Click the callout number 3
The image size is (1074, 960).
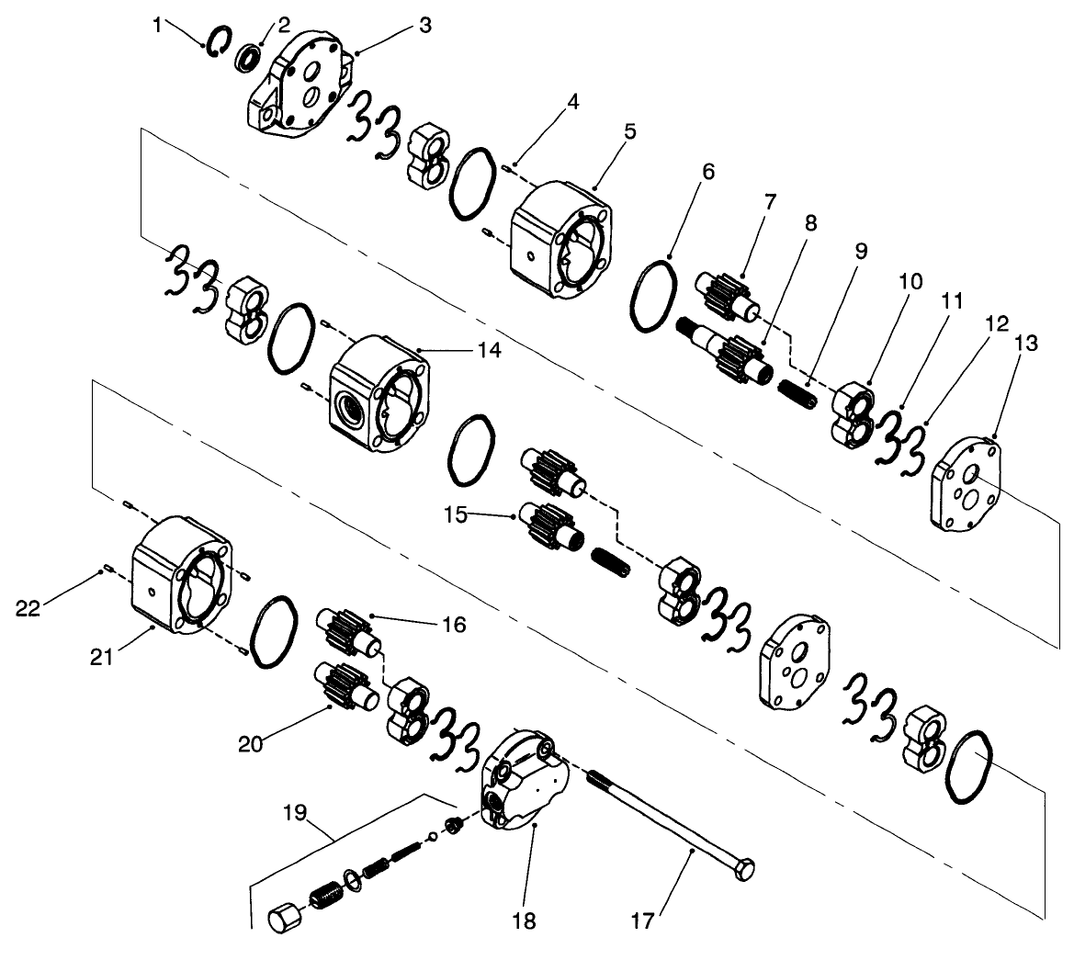tap(425, 26)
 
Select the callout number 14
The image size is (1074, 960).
tap(490, 350)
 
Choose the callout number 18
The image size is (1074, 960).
tap(526, 920)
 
